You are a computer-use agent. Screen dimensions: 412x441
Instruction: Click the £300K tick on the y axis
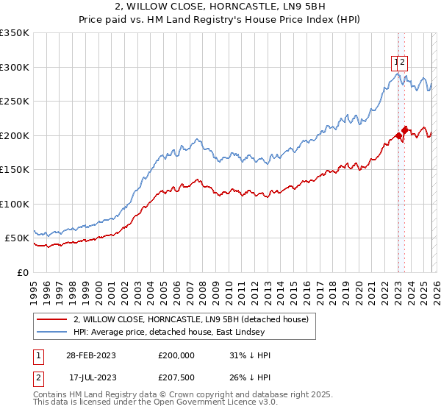[14, 67]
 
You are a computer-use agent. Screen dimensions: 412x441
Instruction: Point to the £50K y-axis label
[16, 238]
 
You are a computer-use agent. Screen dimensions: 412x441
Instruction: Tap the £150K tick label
[14, 170]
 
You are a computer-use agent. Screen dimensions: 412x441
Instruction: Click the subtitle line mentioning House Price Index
[220, 20]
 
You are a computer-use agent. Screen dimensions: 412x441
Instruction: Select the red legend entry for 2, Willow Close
[195, 319]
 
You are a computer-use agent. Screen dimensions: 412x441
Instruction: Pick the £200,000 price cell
[176, 355]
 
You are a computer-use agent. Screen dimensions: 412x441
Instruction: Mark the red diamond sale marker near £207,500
[405, 129]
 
